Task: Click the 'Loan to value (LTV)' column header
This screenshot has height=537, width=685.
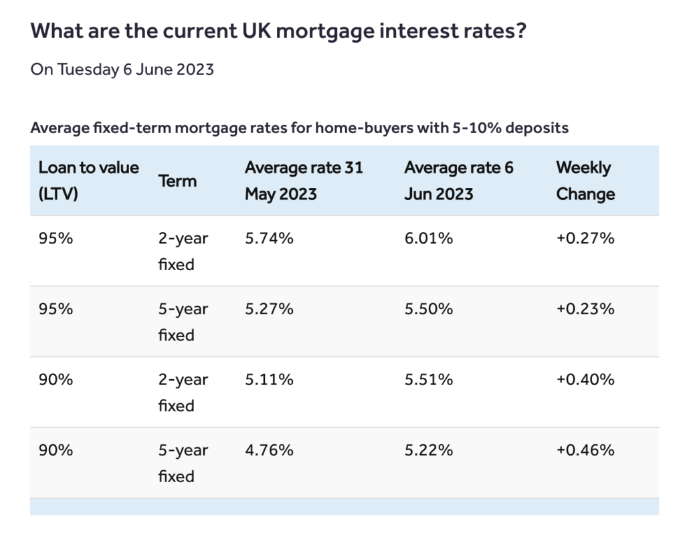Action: tap(89, 181)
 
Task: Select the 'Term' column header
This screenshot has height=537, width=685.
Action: tap(177, 181)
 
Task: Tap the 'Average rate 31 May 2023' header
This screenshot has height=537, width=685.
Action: tap(304, 181)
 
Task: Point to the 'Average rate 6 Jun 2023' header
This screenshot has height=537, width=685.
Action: tap(459, 181)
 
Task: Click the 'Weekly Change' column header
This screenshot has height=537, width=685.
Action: tap(585, 181)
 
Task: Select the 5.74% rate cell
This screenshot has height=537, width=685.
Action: tap(269, 238)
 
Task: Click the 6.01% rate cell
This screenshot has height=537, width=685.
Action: tap(429, 238)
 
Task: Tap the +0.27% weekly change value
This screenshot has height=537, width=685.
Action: tap(585, 238)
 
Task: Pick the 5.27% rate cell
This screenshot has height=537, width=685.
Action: tap(269, 309)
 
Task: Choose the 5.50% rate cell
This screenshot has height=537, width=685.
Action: tap(429, 309)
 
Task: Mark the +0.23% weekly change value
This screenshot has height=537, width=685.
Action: tap(585, 309)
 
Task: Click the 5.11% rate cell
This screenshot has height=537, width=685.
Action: tap(269, 380)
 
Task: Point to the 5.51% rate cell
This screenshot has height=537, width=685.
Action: tap(429, 380)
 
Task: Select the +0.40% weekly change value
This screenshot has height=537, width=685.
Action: tap(585, 380)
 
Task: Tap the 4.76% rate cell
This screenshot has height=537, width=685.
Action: tap(269, 450)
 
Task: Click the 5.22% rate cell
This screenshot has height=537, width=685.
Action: tap(429, 450)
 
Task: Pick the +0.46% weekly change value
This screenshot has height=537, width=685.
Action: tap(585, 450)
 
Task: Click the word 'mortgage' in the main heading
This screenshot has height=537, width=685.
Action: tap(325, 32)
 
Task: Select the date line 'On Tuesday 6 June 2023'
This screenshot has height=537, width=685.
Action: tap(122, 70)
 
